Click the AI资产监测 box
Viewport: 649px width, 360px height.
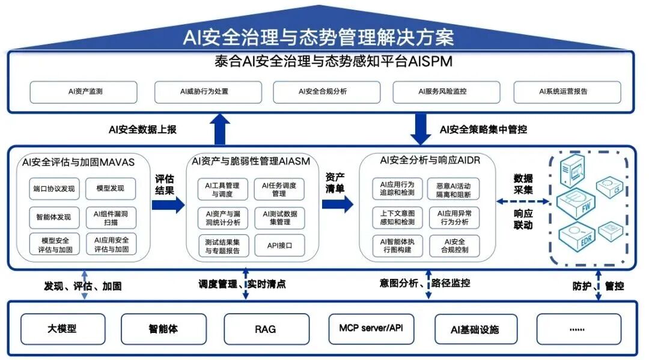(84, 92)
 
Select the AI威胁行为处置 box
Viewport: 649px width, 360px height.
(204, 92)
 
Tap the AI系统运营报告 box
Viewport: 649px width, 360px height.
(567, 92)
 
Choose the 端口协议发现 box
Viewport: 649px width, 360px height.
(54, 189)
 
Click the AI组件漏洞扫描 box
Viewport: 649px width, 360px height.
(111, 217)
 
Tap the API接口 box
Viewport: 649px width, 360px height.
(279, 245)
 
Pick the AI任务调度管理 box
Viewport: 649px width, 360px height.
(279, 189)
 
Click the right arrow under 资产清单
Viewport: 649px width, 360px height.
(338, 204)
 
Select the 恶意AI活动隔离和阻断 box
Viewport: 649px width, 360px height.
(454, 189)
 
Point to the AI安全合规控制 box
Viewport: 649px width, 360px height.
(454, 245)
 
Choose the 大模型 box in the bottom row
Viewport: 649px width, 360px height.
(62, 329)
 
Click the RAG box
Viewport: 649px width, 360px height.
(266, 329)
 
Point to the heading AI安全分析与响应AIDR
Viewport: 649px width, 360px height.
(430, 160)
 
